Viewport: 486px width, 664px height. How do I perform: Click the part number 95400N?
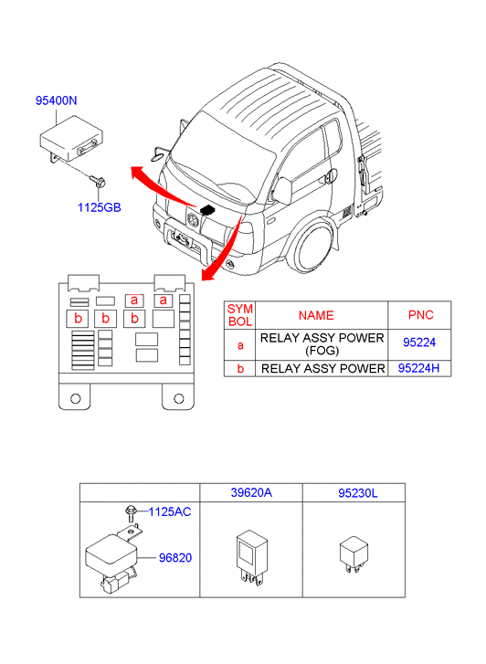(x=56, y=100)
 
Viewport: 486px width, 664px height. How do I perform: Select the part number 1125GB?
(x=100, y=207)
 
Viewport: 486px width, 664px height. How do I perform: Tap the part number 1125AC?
(x=170, y=511)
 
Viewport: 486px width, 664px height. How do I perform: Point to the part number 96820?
(x=175, y=558)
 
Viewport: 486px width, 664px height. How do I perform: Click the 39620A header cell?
(x=251, y=492)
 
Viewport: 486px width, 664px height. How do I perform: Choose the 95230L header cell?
(x=354, y=492)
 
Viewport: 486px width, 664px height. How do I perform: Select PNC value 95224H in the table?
(x=418, y=368)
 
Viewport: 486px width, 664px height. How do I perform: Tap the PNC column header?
(x=419, y=315)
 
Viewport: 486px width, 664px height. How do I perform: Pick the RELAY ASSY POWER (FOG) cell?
(x=322, y=344)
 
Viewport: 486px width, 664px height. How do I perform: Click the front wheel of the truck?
(x=312, y=249)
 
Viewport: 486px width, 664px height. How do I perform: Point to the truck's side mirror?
(x=281, y=191)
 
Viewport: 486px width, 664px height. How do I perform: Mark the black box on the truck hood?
(x=207, y=209)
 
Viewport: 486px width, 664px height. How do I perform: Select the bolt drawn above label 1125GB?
(x=98, y=182)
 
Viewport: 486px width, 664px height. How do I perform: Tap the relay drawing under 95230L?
(x=354, y=553)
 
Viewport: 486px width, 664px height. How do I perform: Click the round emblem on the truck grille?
(x=194, y=220)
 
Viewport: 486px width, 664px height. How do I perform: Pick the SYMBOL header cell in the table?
(x=240, y=315)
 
